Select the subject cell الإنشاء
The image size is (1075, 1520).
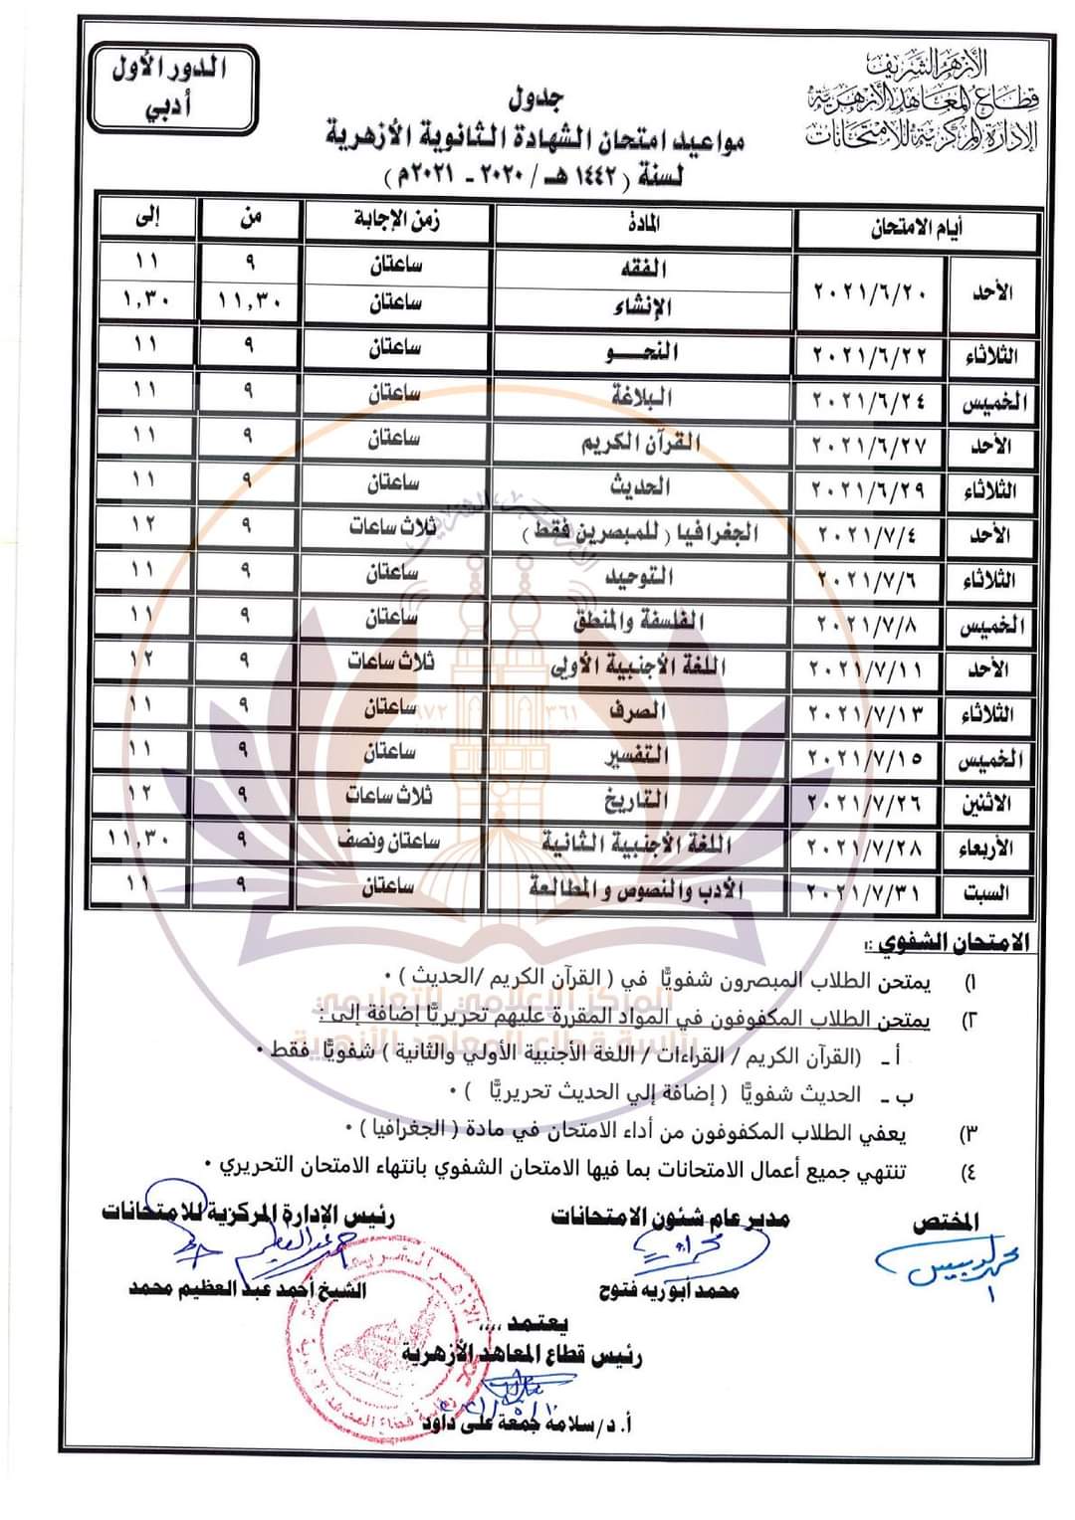pyautogui.click(x=642, y=305)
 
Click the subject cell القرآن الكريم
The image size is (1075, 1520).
pyautogui.click(x=642, y=443)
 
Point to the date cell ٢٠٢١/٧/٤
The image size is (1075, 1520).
pyautogui.click(x=869, y=534)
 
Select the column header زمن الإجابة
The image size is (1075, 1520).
pyautogui.click(x=398, y=220)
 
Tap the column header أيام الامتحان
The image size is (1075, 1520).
pyautogui.click(x=917, y=228)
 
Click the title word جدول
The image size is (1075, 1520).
pyautogui.click(x=537, y=98)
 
